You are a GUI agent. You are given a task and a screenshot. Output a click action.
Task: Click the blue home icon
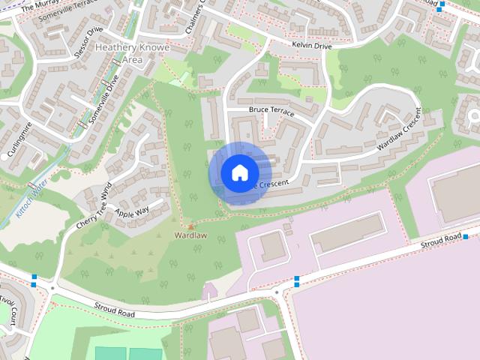238,172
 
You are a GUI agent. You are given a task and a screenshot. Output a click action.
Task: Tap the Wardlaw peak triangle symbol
190,226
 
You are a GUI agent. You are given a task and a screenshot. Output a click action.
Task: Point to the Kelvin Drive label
311,46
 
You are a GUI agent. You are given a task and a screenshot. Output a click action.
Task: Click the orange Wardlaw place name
190,235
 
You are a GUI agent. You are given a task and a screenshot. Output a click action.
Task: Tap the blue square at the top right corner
442,5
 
